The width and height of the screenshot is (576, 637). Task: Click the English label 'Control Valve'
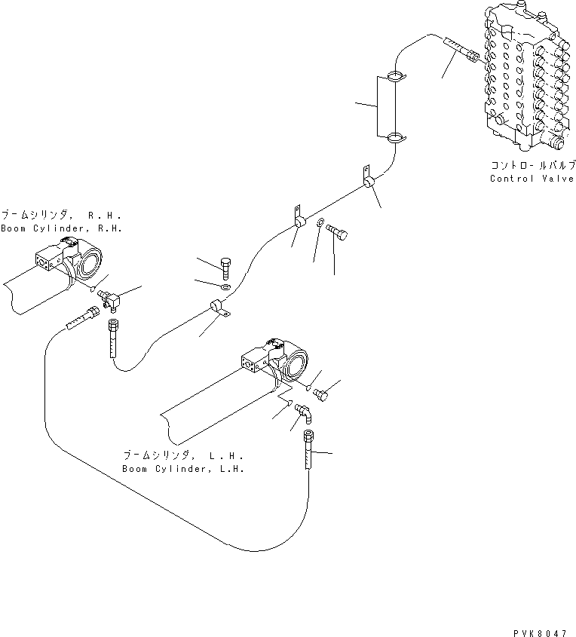click(532, 179)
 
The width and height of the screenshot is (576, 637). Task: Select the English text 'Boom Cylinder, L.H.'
click(183, 469)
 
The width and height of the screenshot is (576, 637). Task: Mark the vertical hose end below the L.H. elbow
click(308, 450)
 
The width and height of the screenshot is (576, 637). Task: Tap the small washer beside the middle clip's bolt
click(322, 223)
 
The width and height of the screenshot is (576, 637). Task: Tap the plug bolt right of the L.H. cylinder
click(323, 393)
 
